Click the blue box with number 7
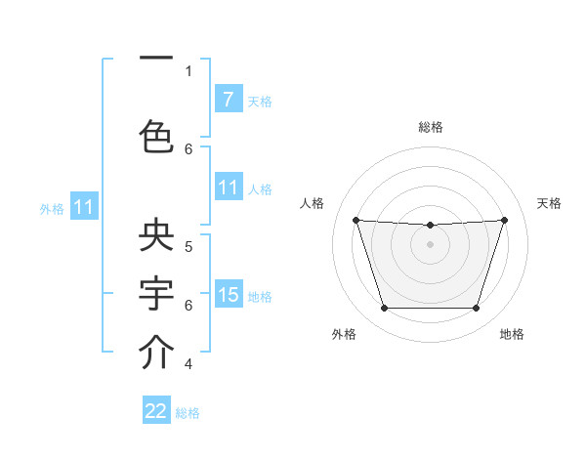pos(228,99)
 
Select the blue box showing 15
pos(228,294)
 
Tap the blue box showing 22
pos(156,411)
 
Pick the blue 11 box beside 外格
pos(84,207)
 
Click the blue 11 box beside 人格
pos(228,188)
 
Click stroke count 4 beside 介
pos(188,364)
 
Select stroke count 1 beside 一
pos(188,70)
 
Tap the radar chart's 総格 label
pos(431,127)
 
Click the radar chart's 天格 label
pos(549,203)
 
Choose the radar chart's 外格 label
pos(344,334)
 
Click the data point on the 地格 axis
pos(476,309)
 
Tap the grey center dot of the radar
pos(430,244)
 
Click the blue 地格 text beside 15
pos(260,296)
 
